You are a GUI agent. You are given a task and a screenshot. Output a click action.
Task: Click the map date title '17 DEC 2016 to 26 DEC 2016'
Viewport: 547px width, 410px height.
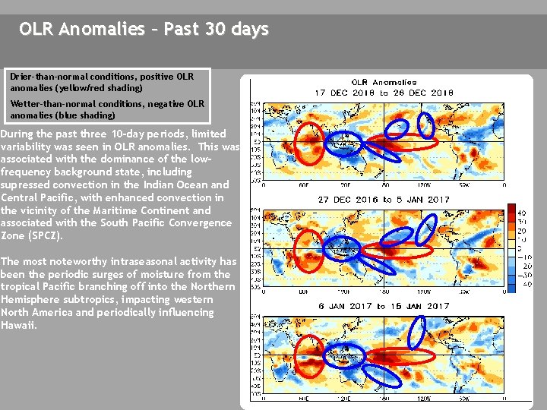pos(384,93)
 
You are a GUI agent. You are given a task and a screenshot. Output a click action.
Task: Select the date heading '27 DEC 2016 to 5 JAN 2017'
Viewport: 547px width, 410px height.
pos(384,200)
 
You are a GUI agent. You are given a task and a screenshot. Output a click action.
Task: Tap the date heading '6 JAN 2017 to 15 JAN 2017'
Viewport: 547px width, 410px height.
pos(384,306)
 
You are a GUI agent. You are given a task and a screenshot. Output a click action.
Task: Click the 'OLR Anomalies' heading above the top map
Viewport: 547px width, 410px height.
pos(384,82)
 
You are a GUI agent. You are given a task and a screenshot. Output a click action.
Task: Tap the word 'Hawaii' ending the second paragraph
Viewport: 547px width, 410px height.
pos(17,325)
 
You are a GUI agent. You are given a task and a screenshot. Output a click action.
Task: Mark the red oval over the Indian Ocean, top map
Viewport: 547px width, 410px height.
pos(308,142)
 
